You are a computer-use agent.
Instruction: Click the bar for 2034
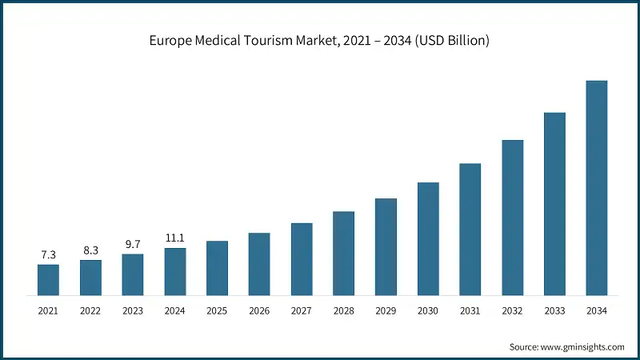click(x=597, y=187)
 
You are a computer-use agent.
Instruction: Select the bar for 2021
click(x=48, y=279)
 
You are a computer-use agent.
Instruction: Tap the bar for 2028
click(x=343, y=253)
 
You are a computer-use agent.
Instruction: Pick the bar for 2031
click(x=470, y=229)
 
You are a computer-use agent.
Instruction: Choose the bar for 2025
click(x=217, y=267)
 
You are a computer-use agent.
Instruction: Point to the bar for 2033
click(x=554, y=203)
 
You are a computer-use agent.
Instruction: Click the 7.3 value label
click(x=48, y=254)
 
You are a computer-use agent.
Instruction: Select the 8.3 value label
click(x=90, y=250)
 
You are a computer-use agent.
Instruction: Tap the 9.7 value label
click(x=133, y=244)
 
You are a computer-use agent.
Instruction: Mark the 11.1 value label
click(x=174, y=238)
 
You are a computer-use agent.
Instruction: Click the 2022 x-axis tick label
click(x=90, y=310)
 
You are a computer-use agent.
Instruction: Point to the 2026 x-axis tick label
click(x=259, y=310)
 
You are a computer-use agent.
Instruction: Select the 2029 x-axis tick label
click(x=386, y=310)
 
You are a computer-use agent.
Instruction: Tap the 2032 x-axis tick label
click(x=512, y=310)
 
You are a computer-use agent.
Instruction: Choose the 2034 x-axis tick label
click(x=597, y=310)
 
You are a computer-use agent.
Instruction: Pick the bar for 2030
click(x=428, y=238)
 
